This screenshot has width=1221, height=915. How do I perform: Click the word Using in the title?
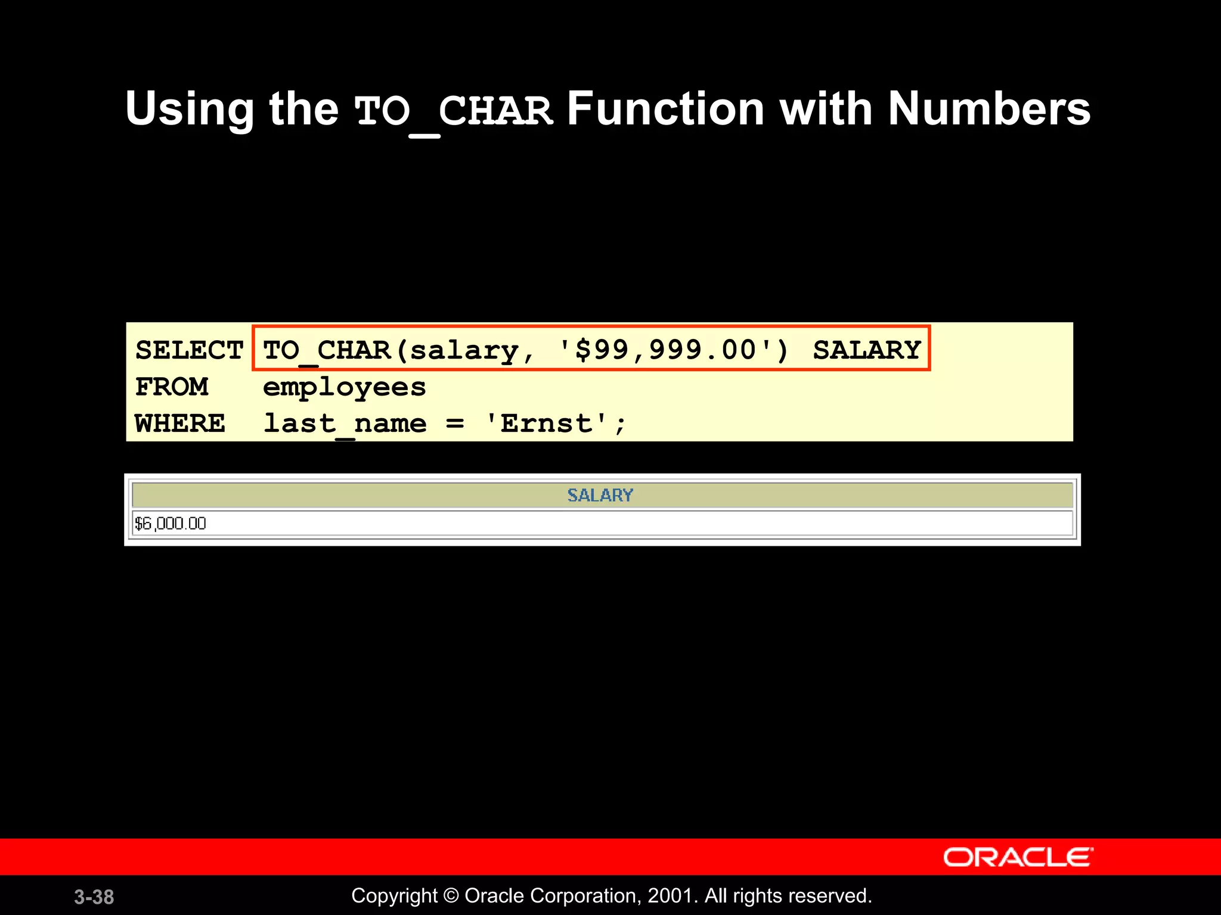click(x=190, y=110)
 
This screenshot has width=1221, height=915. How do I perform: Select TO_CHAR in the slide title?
click(x=454, y=111)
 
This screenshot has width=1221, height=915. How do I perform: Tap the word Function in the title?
click(x=665, y=109)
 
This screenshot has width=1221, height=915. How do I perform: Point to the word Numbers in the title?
click(x=989, y=109)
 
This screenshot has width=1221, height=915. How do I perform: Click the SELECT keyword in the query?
click(x=189, y=350)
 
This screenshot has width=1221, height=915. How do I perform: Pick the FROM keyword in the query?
click(x=172, y=387)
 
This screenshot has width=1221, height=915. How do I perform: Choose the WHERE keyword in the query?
click(x=180, y=424)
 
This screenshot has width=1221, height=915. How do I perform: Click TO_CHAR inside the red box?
click(x=327, y=350)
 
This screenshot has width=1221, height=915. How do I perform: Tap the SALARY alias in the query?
click(x=867, y=350)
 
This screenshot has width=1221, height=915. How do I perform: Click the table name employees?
click(x=345, y=388)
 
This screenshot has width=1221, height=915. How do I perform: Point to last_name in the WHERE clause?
click(x=345, y=424)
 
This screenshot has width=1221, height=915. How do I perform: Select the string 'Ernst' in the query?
click(x=547, y=424)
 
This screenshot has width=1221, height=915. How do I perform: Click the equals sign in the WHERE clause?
click(x=455, y=424)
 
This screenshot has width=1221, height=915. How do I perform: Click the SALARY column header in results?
click(x=600, y=495)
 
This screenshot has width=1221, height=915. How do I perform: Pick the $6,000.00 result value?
click(x=171, y=524)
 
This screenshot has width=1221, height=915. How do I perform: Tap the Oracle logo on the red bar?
click(x=1018, y=857)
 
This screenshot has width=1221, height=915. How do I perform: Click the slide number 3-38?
click(x=94, y=897)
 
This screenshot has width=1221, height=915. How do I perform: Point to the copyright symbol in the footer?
click(x=451, y=896)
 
